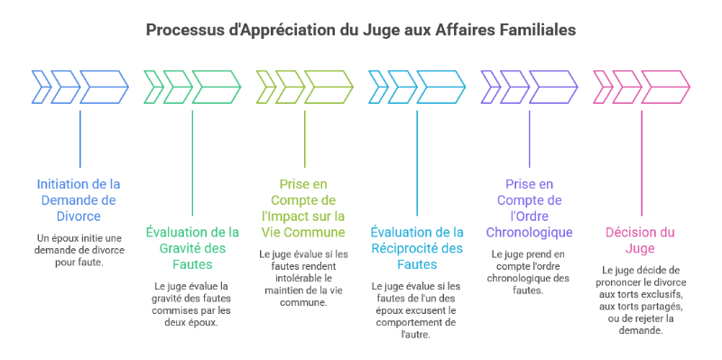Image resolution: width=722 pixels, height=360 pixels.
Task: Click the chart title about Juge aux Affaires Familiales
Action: pyautogui.click(x=361, y=30)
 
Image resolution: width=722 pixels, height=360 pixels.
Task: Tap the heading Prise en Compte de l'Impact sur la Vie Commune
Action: pyautogui.click(x=304, y=208)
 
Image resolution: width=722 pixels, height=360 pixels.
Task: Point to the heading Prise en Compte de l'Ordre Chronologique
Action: pyautogui.click(x=529, y=208)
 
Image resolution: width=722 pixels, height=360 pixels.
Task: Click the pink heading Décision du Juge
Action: pyautogui.click(x=641, y=241)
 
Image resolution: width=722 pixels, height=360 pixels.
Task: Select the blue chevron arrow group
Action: pyautogui.click(x=80, y=87)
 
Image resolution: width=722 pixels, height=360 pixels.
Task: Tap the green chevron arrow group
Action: pyautogui.click(x=192, y=87)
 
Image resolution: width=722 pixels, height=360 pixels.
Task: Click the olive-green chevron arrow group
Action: pyautogui.click(x=304, y=87)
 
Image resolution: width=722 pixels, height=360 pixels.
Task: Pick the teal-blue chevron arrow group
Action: pyautogui.click(x=417, y=87)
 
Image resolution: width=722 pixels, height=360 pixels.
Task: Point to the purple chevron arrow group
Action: pyautogui.click(x=529, y=87)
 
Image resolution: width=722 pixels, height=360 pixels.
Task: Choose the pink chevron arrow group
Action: pyautogui.click(x=641, y=87)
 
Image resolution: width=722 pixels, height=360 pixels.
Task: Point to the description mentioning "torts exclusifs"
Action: pyautogui.click(x=641, y=300)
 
